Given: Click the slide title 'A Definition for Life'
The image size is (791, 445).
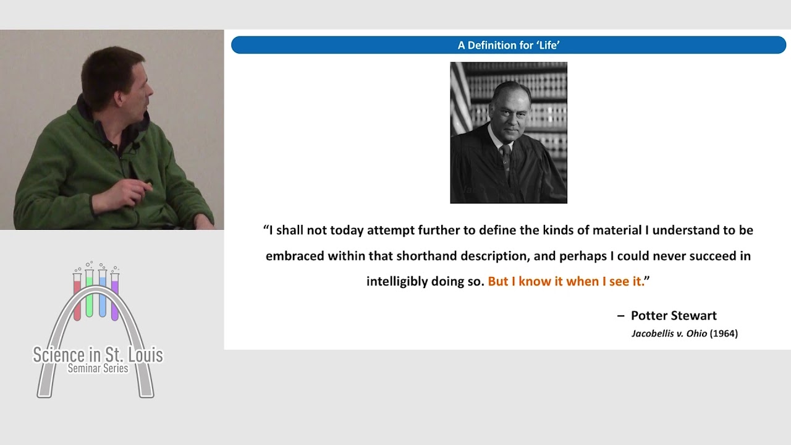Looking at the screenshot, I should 509,45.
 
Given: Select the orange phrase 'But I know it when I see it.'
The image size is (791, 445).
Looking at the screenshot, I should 566,281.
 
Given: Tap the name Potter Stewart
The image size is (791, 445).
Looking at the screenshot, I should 674,316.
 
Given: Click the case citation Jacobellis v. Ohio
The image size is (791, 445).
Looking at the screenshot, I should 669,334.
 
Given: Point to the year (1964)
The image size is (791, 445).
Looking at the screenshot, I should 724,334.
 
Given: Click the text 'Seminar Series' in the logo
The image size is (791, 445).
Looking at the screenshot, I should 98,368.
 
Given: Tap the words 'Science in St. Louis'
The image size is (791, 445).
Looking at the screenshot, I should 98,355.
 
